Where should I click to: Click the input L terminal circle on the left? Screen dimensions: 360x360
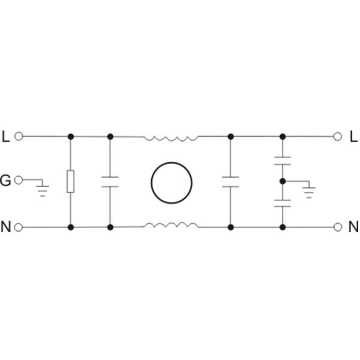point(19,136)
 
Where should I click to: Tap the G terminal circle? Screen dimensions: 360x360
point(19,180)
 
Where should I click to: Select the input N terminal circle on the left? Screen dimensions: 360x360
point(19,227)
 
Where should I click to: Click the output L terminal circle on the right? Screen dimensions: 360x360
point(337,137)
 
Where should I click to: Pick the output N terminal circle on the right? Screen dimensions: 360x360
point(338,227)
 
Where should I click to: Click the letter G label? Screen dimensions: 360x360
point(5,181)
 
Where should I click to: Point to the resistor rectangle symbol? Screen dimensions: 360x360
point(70,181)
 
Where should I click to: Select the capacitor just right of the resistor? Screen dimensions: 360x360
point(110,182)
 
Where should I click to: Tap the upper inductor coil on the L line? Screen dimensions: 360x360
point(171,138)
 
